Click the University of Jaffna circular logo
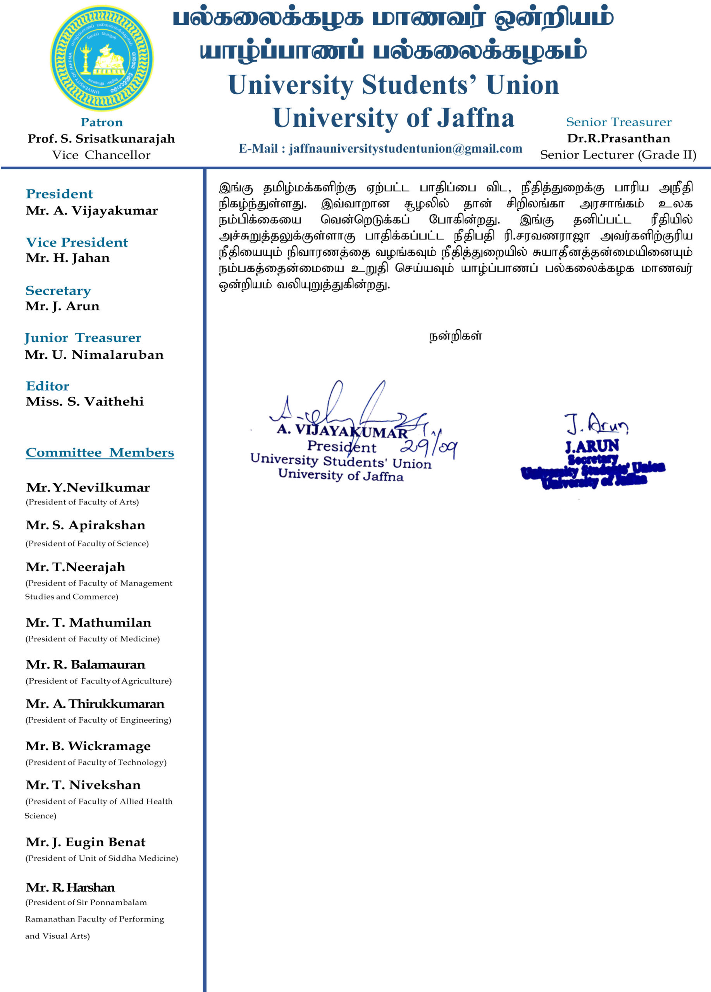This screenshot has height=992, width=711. click(102, 58)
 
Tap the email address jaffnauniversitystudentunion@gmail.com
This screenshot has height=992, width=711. click(380, 149)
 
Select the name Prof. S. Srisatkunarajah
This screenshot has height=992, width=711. click(101, 139)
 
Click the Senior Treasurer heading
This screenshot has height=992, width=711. click(618, 122)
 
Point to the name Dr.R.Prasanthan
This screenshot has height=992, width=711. click(618, 139)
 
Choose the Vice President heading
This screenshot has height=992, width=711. click(77, 242)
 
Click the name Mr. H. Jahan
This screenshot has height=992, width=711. click(68, 258)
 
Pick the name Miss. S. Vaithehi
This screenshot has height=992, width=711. click(85, 401)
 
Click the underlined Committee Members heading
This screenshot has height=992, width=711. click(100, 453)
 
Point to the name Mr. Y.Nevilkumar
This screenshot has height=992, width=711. click(88, 488)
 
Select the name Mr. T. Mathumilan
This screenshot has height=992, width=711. click(88, 623)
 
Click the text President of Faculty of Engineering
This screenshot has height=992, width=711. click(98, 720)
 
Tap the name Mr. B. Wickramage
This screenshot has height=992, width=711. click(88, 746)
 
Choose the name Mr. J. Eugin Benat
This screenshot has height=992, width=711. click(86, 842)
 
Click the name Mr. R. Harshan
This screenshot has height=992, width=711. click(71, 887)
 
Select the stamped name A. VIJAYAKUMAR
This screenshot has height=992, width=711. click(343, 431)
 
